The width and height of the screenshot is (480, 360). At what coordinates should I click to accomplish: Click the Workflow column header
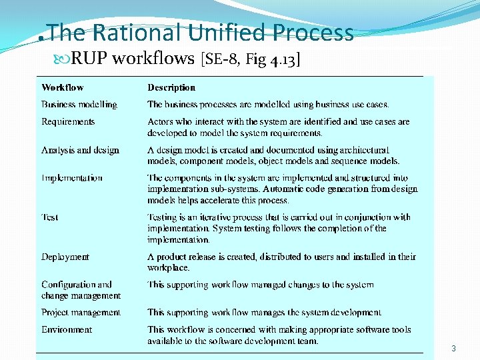[63, 87]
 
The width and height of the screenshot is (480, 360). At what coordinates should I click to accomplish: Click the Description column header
[171, 87]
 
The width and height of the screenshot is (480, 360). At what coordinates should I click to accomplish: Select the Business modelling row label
[79, 105]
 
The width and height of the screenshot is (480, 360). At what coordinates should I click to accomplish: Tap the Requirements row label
[68, 122]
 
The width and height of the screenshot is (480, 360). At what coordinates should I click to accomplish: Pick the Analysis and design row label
[80, 150]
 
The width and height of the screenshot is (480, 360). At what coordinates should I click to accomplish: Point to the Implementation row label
[72, 178]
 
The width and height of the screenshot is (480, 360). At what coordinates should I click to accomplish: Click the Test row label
[50, 217]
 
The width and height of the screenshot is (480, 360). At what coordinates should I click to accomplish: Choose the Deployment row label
[65, 257]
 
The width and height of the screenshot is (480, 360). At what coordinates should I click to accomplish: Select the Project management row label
[81, 312]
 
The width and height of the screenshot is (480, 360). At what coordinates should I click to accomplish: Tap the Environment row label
[67, 329]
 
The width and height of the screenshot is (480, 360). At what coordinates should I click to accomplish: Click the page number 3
[453, 349]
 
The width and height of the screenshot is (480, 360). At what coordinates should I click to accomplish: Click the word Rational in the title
[137, 33]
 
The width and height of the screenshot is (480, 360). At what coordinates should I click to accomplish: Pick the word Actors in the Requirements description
[161, 122]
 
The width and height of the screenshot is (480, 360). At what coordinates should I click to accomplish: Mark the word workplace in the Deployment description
[168, 267]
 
